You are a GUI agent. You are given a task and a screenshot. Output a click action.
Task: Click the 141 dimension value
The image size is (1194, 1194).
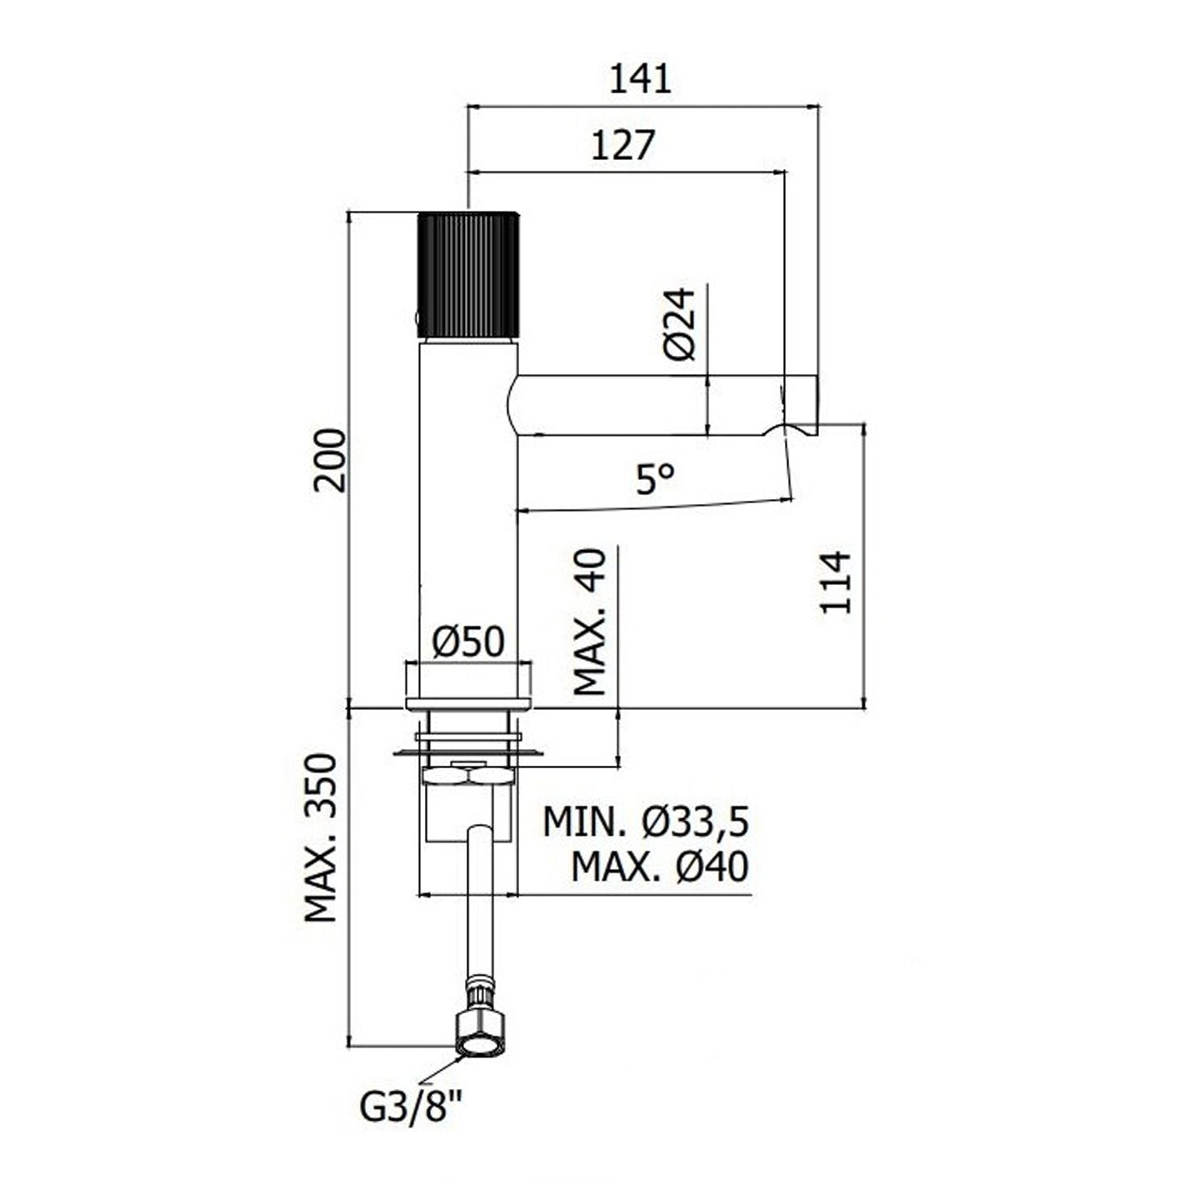tap(640, 80)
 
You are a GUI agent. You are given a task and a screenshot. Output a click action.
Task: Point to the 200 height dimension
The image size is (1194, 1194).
tap(330, 460)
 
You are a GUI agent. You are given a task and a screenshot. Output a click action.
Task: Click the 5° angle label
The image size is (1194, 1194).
tap(654, 479)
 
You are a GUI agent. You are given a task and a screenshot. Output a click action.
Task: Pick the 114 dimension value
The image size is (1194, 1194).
tap(836, 582)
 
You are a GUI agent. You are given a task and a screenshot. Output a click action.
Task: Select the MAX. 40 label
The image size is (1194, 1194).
tap(591, 622)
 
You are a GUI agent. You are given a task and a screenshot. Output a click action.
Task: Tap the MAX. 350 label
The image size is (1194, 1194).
tap(322, 837)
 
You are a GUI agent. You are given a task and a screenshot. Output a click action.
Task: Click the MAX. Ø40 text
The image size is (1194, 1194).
tap(659, 867)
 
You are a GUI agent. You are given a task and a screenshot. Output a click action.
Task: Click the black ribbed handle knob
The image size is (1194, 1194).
tap(468, 274)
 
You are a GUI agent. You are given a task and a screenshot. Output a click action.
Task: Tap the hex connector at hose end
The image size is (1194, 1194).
tap(479, 1035)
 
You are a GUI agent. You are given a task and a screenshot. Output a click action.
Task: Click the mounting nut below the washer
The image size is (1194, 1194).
tap(466, 775)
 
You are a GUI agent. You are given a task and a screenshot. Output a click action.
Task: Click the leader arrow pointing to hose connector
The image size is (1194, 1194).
tap(446, 1068)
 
